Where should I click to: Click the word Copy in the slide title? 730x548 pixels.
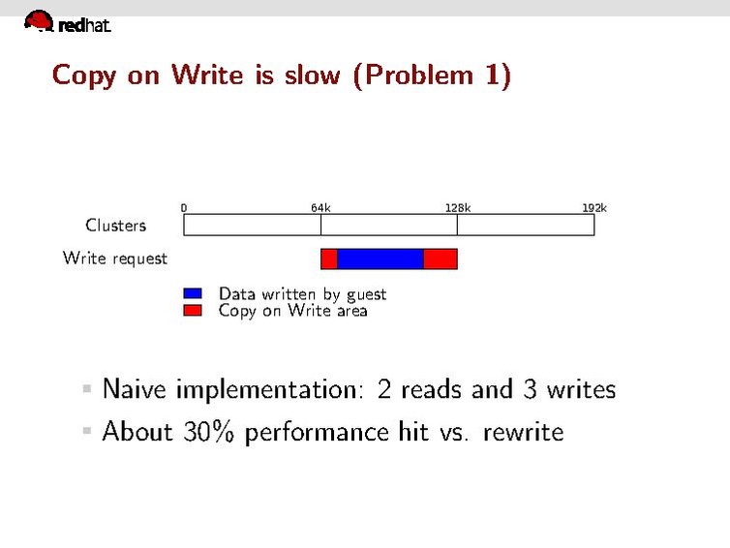pos(83,76)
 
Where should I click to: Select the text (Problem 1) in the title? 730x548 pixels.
pos(431,76)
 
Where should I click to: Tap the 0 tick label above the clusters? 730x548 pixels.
pos(184,207)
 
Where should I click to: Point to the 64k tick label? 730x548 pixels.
pos(320,207)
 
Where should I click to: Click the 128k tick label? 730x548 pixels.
pos(458,207)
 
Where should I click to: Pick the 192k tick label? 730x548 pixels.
pos(594,207)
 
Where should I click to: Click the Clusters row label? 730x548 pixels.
pos(116,226)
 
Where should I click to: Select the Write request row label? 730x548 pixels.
pos(115,259)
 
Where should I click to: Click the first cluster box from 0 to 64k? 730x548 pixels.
pos(252,226)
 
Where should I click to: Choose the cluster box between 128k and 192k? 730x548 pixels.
pos(526,226)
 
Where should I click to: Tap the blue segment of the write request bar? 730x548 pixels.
pos(380,259)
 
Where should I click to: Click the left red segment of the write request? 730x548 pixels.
pos(329,259)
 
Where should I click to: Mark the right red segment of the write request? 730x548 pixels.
pos(441,259)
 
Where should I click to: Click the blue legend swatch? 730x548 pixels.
pos(193,293)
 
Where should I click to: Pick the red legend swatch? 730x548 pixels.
pos(193,311)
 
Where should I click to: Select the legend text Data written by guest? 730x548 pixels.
pos(302,293)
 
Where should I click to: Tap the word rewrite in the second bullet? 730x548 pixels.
pos(523,431)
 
